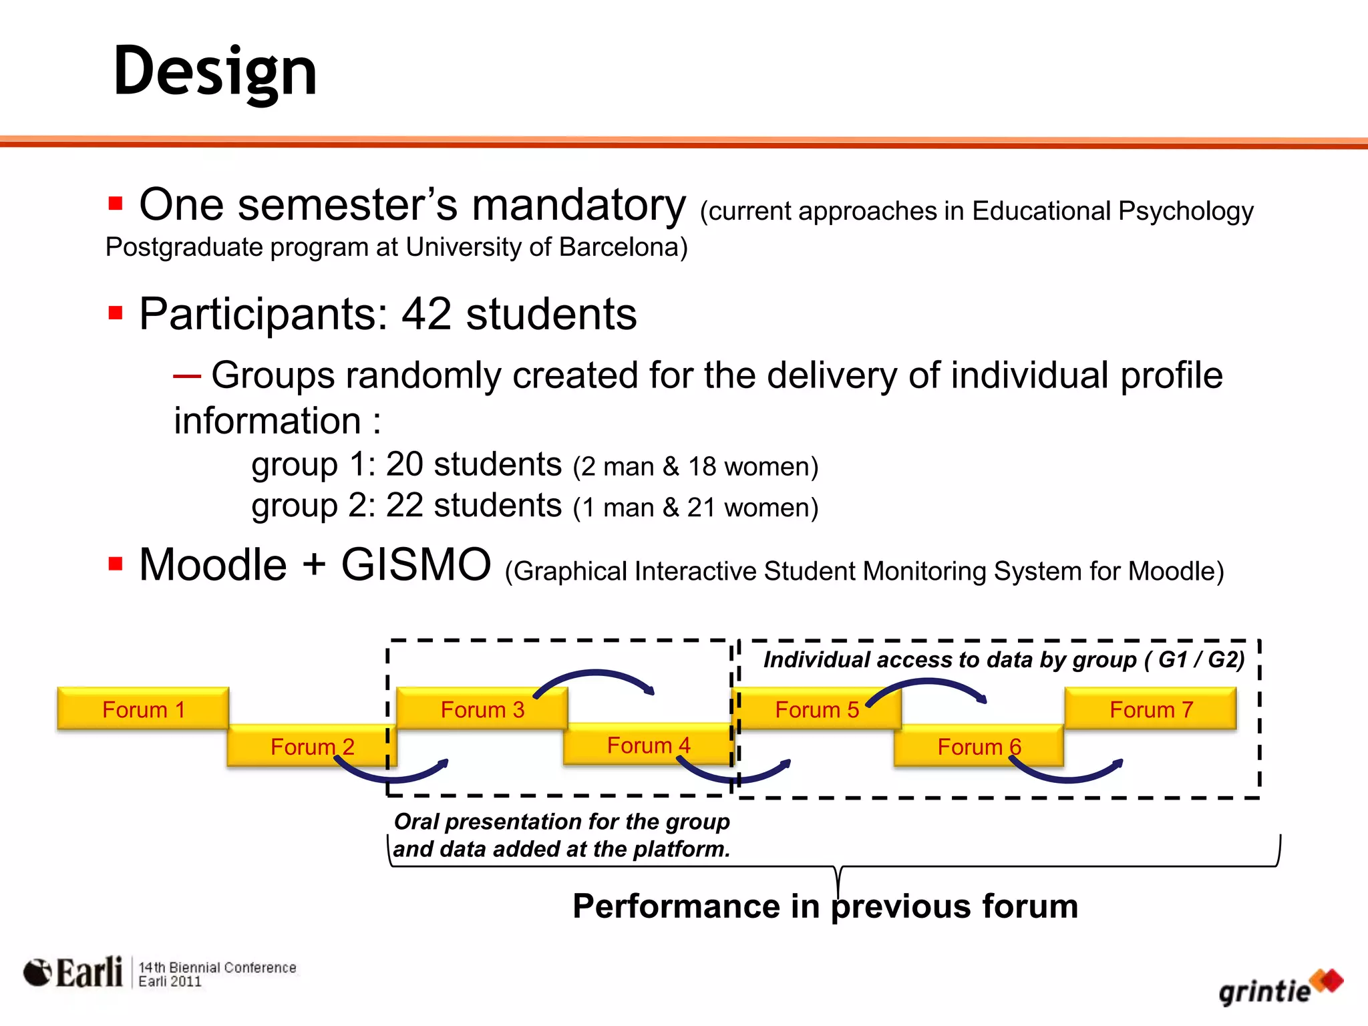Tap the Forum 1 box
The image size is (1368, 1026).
tap(143, 709)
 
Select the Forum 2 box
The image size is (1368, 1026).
tap(311, 746)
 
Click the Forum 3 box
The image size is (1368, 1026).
tap(482, 709)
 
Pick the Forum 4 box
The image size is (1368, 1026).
tap(647, 745)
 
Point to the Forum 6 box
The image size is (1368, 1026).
tap(979, 746)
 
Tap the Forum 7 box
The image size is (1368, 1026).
tap(1150, 709)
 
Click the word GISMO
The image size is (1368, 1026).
tap(415, 565)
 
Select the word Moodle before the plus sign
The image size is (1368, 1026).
tap(212, 565)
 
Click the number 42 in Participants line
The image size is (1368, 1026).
tap(426, 314)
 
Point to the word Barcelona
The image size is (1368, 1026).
tap(619, 247)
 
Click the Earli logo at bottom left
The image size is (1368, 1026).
tap(73, 973)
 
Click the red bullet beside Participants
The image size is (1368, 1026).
tap(115, 313)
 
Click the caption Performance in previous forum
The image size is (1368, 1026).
tap(825, 906)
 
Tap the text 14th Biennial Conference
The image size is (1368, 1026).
tap(217, 967)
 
